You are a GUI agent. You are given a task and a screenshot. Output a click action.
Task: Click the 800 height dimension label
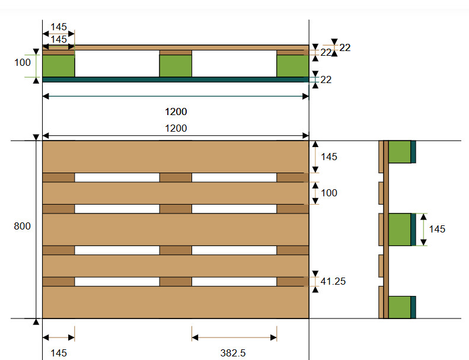[x=22, y=226]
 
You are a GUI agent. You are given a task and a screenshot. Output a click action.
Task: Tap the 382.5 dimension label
[x=233, y=353]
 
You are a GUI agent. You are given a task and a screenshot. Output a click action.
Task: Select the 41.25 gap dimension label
[x=333, y=281]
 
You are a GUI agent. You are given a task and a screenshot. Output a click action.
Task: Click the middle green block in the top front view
[x=176, y=66]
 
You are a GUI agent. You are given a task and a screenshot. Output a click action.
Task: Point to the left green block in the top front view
[x=59, y=66]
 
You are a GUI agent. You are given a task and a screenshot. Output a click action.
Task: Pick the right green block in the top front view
[x=293, y=66]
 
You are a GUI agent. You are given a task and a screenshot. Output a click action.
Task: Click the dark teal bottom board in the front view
[x=176, y=79]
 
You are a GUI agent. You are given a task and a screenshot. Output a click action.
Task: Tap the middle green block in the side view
[x=400, y=230]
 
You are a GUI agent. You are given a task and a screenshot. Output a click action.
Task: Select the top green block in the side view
[x=400, y=152]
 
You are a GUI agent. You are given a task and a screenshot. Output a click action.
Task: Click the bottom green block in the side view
[x=400, y=307]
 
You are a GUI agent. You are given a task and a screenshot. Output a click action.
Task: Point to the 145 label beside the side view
[x=437, y=230]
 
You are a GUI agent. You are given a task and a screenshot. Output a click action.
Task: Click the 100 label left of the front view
[x=23, y=62]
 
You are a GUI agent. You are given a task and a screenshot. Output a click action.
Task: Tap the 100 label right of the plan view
[x=329, y=193]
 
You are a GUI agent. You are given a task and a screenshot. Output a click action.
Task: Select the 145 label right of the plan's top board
[x=329, y=157]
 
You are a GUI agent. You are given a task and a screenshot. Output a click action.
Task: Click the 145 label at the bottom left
[x=59, y=353]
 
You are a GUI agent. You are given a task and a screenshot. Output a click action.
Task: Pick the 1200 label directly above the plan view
[x=176, y=128]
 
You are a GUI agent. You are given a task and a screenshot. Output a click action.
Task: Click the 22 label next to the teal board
[x=326, y=79]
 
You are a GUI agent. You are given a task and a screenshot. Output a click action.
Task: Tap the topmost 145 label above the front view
[x=59, y=27]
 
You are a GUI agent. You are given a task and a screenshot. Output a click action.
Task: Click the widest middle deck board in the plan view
[x=176, y=230]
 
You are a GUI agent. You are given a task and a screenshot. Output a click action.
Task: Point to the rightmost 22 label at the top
[x=345, y=47]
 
